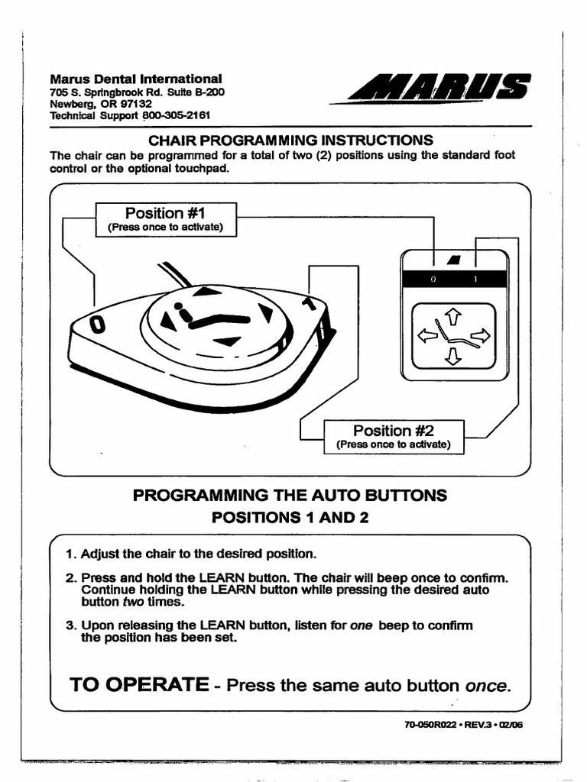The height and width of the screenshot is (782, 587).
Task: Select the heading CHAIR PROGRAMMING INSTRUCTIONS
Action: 290,141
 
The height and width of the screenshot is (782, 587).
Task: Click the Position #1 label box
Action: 166,219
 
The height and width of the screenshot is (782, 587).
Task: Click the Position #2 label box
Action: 394,437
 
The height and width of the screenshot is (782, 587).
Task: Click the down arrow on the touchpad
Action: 452,356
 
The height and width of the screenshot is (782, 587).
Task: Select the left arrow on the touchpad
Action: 425,336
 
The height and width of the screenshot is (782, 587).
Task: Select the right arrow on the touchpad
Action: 482,335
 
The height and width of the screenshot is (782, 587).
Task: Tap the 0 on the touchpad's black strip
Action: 433,280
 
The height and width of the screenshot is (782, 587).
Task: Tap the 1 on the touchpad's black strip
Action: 475,280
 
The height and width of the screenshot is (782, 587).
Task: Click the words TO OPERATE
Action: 139,684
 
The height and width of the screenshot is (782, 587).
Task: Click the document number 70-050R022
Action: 430,725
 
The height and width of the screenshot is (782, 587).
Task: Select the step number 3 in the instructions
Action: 70,625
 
